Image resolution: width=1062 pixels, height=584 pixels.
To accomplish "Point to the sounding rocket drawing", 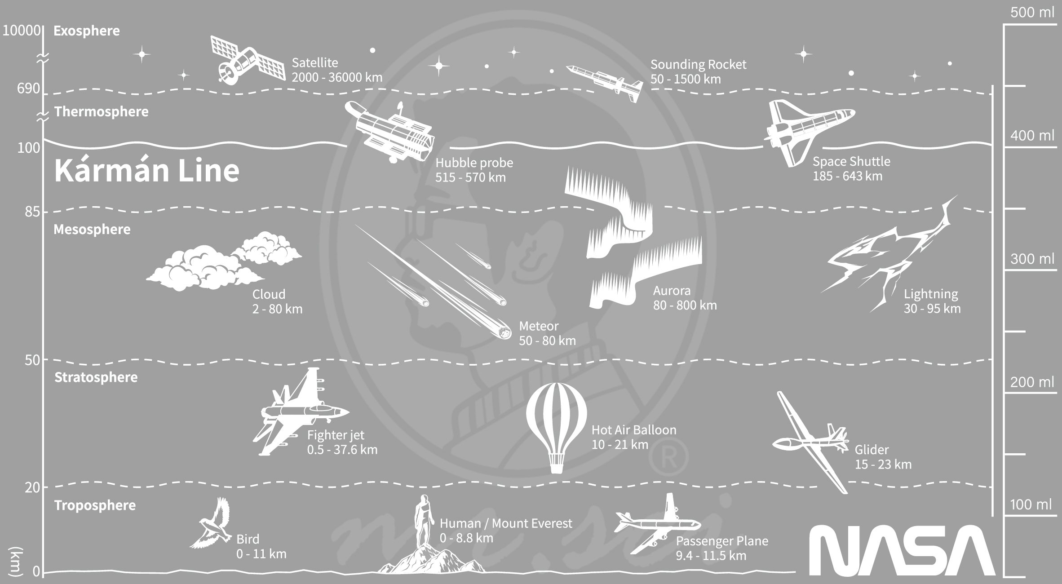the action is [604, 84].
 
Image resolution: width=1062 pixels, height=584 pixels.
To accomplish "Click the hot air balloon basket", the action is [556, 463].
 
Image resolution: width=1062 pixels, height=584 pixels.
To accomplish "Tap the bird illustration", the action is [211, 523].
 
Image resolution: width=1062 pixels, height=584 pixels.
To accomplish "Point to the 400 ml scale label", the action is [1032, 135].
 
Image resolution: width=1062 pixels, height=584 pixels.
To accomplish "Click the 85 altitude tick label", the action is [32, 212].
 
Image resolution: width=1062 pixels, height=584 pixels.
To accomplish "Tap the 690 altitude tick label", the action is [29, 88].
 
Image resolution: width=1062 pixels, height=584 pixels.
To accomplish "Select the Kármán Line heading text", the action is [147, 171].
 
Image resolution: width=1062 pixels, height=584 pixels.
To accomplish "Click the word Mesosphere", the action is [92, 229].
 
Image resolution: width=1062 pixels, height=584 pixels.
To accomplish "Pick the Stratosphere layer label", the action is [96, 377].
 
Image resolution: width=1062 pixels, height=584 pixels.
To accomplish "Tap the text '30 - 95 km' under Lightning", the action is [932, 309].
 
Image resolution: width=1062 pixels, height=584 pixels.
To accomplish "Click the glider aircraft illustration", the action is [811, 442].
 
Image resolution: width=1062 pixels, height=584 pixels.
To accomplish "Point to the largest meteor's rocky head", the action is [505, 332].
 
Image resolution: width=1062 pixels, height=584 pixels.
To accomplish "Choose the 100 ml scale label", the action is [1031, 504].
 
